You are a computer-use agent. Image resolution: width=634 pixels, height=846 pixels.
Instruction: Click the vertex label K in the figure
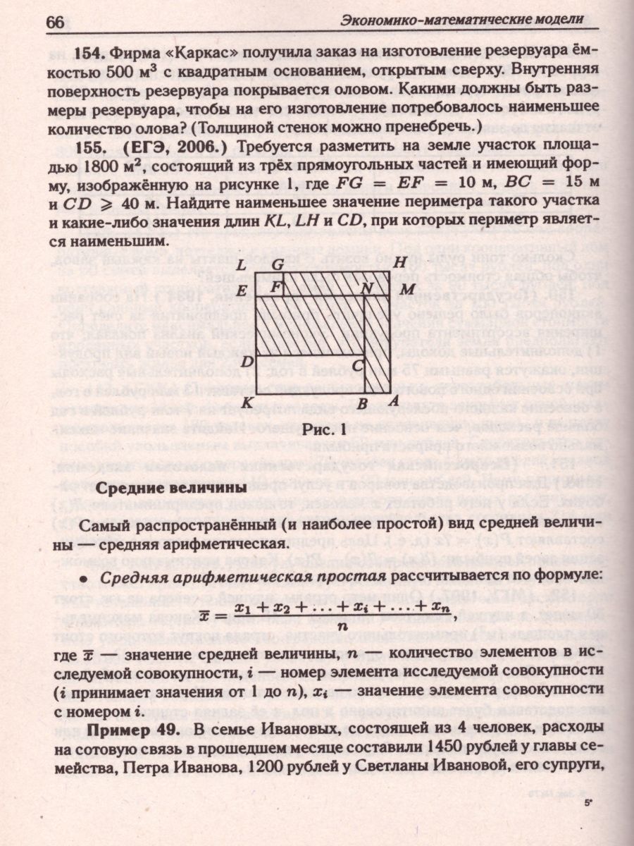tap(247, 402)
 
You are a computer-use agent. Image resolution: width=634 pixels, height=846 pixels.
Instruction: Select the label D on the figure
tap(247, 362)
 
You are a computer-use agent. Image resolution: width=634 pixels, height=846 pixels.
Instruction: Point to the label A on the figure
tap(394, 402)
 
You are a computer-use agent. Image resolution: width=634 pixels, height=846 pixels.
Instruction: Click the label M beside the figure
tap(406, 290)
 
